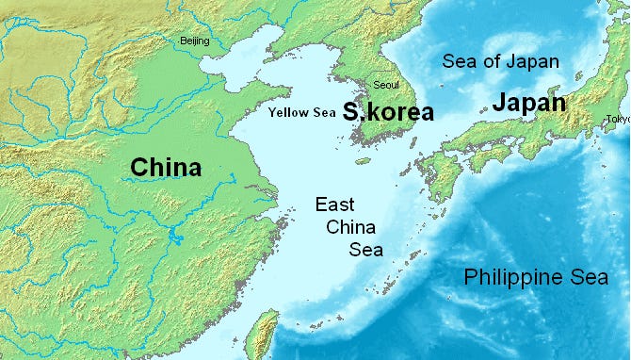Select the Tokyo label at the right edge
coord(618,119)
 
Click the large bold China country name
coord(166,168)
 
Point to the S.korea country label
coord(388,113)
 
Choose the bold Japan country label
coord(528,103)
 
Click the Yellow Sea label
coord(301,113)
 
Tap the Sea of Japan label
coord(501,62)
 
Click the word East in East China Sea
coord(337,205)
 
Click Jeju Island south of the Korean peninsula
coord(363,161)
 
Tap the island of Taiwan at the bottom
coord(266,335)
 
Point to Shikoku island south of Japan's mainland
coord(481,160)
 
